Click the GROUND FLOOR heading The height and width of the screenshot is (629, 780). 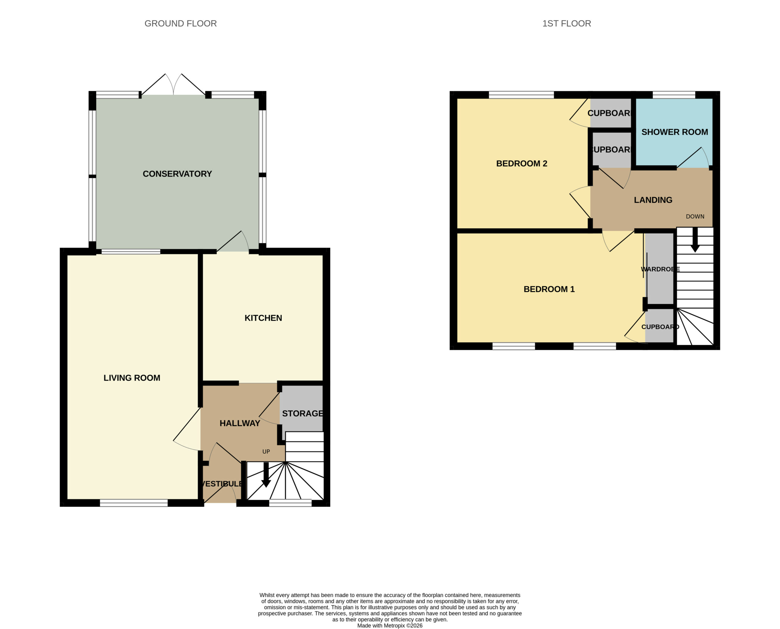pos(180,23)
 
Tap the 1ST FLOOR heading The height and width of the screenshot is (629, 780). pos(566,23)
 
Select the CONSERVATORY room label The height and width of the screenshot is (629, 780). pos(177,174)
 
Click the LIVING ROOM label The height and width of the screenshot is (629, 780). pos(132,378)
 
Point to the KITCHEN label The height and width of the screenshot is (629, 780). pos(263,318)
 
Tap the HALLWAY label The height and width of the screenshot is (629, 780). pos(240,423)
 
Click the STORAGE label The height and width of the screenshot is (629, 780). pos(302,413)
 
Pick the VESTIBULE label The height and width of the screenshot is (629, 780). pos(222,484)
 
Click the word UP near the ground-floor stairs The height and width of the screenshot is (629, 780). pos(266,452)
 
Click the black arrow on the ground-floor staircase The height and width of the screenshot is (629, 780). pos(266,475)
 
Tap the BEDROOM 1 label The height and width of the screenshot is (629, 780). pos(549,289)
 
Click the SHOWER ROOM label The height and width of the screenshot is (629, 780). pos(675,132)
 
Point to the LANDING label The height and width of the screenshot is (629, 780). pos(653,200)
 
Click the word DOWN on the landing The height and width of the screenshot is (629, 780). pos(695,216)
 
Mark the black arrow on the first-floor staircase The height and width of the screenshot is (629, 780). pos(695,240)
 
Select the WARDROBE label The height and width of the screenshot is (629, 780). pos(660,269)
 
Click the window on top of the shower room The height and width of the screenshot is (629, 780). pos(674,95)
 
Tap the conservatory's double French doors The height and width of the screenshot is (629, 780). pos(173,84)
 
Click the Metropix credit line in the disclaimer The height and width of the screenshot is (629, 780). pos(390,625)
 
